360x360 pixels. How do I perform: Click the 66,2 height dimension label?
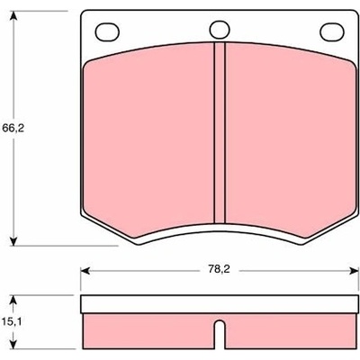coord(13,129)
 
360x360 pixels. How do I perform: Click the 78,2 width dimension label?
coord(219,269)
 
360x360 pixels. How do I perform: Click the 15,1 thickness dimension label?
coord(13,322)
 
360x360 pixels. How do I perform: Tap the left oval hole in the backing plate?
coord(107,31)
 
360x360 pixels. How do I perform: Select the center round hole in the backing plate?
coord(220,30)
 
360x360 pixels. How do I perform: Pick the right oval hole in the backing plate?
coord(332,31)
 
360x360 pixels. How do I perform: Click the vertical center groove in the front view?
coord(220,133)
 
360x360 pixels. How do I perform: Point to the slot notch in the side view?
coord(220,335)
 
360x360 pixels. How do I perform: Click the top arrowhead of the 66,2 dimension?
coord(13,16)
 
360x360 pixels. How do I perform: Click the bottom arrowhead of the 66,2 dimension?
coord(13,240)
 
